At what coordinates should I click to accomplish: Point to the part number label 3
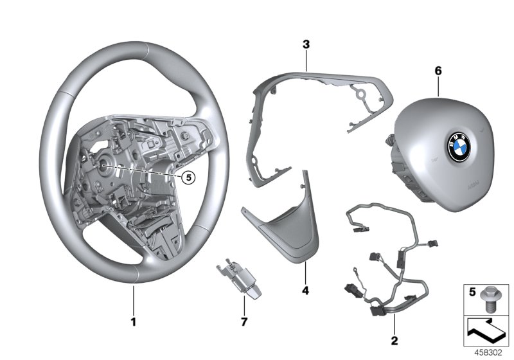[x=306, y=44]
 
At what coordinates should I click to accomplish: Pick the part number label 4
[x=306, y=291]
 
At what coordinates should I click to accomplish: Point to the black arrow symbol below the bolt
[x=486, y=330]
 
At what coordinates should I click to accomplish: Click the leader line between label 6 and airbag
[x=438, y=86]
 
